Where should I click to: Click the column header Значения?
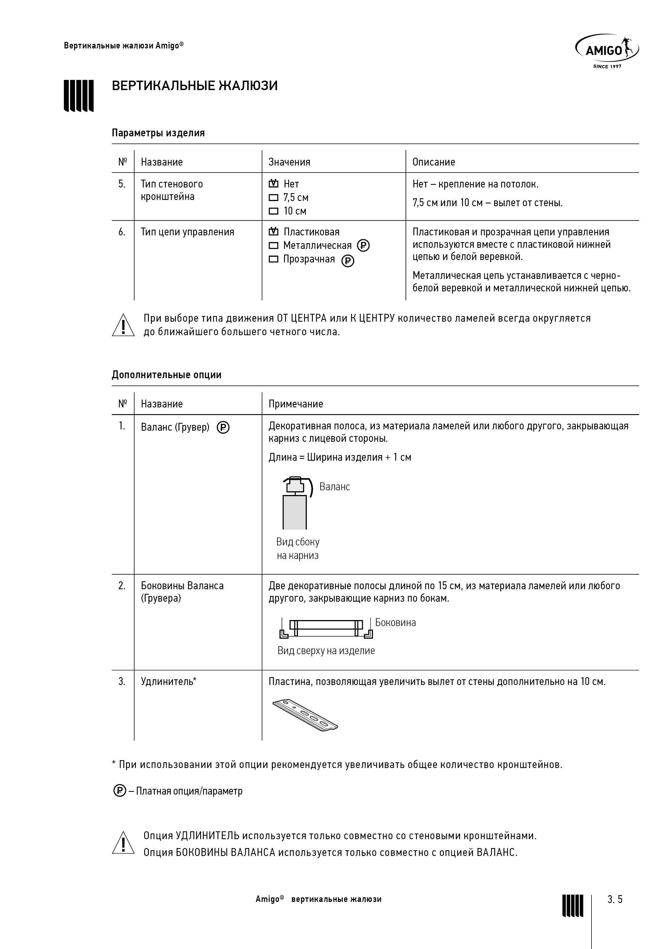[x=290, y=162]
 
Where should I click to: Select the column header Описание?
[x=434, y=162]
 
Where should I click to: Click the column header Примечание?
[x=296, y=404]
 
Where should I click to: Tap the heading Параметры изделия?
[x=158, y=133]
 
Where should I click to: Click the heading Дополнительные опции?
[x=167, y=375]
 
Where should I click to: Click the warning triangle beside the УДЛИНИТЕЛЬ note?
[x=123, y=843]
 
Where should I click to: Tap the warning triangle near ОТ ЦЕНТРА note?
[x=123, y=325]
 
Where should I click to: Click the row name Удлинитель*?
[x=169, y=681]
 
